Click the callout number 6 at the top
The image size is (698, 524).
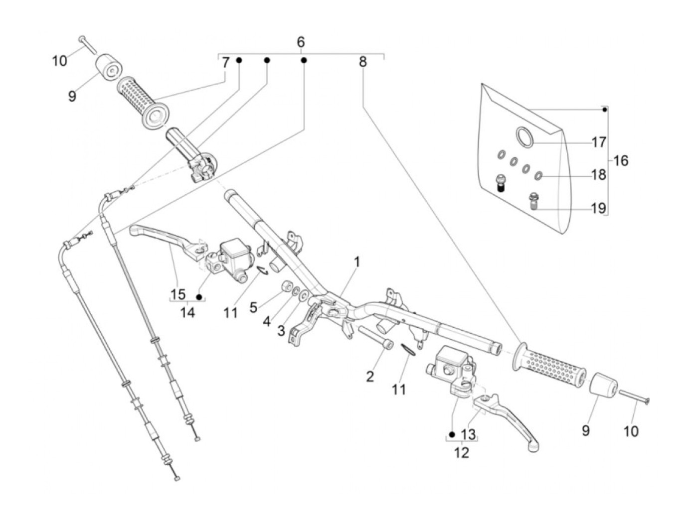point(301,42)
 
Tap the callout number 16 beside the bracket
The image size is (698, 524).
point(621,161)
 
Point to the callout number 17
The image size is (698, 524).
point(599,142)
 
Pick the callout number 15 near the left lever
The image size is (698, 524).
point(178,294)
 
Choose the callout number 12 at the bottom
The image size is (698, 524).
point(462,453)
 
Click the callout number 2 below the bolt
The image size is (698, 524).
point(369,377)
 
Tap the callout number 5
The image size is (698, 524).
point(253,308)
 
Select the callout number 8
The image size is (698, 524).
point(362,62)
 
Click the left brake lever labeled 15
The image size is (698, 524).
point(160,234)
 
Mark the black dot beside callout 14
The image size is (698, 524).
point(199,297)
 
